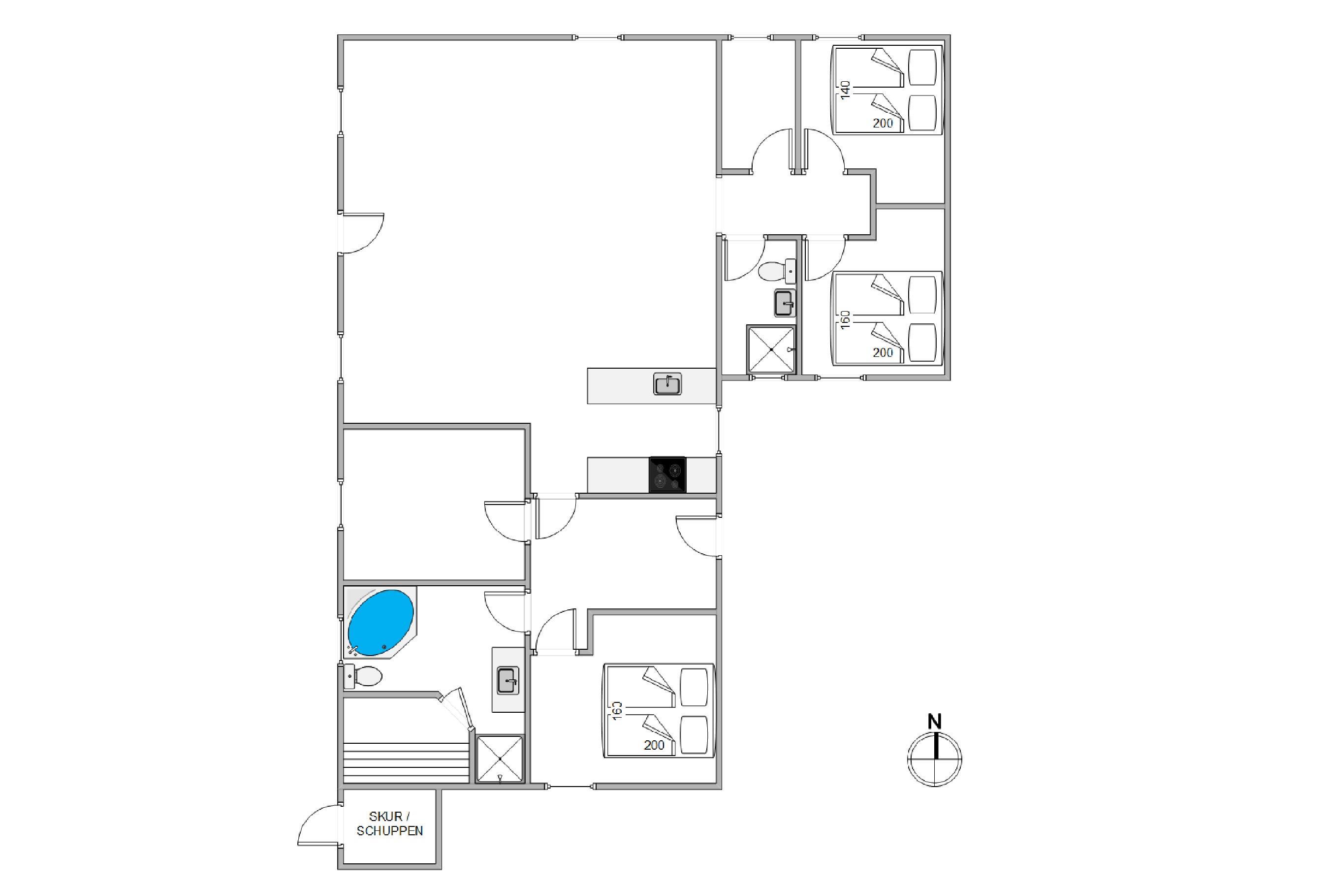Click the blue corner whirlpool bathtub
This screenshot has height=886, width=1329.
(x=380, y=623)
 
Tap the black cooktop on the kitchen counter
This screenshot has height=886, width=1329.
(x=667, y=475)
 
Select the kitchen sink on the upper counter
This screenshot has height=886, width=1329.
(x=667, y=384)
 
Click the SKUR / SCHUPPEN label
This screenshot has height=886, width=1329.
(x=389, y=823)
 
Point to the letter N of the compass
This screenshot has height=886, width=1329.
(x=935, y=722)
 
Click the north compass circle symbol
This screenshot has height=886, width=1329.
(x=935, y=759)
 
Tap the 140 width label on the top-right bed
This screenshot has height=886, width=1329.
(x=845, y=90)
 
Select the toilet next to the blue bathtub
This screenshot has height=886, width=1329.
(x=363, y=676)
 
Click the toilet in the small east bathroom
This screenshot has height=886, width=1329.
(x=777, y=271)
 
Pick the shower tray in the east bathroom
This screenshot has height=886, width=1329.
(x=771, y=349)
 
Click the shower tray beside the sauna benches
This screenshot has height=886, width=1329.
(x=500, y=759)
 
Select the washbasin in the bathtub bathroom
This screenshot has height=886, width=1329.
(x=507, y=680)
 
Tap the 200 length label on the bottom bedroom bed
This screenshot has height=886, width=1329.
(x=654, y=745)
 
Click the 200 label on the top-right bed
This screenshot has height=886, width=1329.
(x=883, y=123)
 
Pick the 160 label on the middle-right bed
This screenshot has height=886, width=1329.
(x=845, y=319)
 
